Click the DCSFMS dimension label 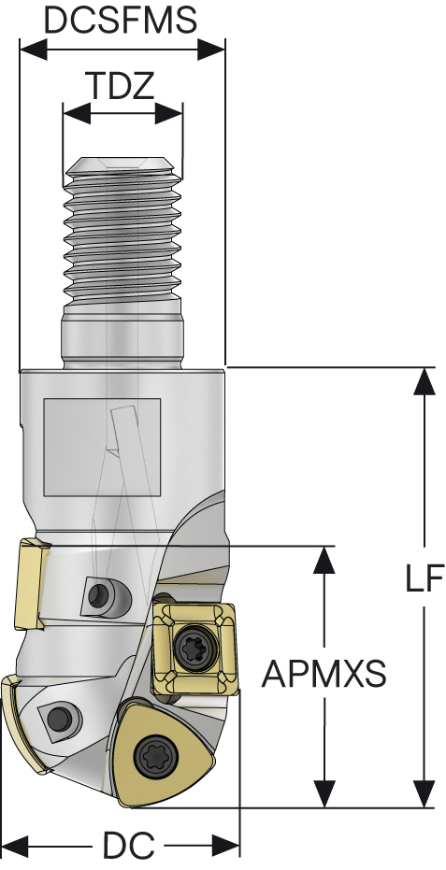[122, 20]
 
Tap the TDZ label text [122, 86]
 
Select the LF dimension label [424, 578]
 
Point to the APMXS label [324, 673]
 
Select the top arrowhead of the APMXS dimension [324, 558]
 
